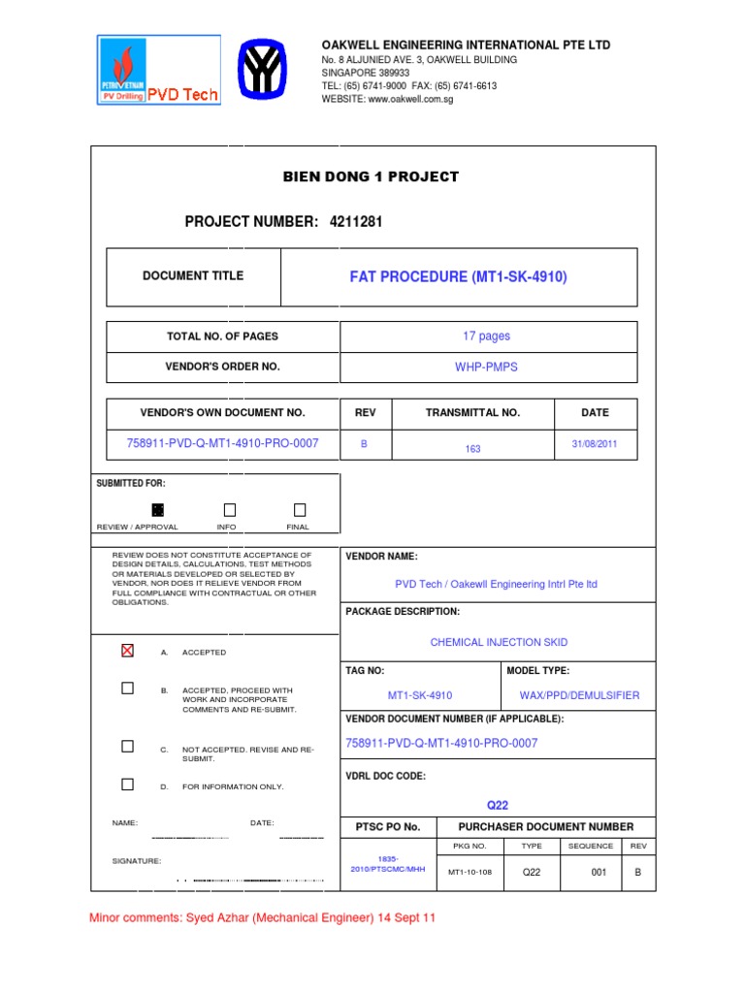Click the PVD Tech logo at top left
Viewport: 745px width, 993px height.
[x=158, y=70]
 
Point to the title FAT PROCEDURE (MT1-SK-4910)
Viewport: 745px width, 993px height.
[x=458, y=277]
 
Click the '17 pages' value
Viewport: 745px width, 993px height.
[x=486, y=336]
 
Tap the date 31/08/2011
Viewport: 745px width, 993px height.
[x=595, y=444]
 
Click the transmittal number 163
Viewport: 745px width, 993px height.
[x=472, y=449]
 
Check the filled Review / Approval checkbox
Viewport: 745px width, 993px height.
[x=158, y=510]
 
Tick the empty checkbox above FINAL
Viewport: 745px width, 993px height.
[x=300, y=510]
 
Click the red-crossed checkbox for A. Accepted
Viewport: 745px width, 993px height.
[x=127, y=651]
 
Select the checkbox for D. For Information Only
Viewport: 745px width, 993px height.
[x=127, y=784]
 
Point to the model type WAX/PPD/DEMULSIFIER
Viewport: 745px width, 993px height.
[x=580, y=695]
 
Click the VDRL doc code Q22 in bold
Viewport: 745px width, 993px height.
[x=497, y=805]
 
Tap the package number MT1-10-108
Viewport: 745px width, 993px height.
[x=470, y=873]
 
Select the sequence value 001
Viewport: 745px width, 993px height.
[x=599, y=873]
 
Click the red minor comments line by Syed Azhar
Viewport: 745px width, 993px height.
[x=262, y=918]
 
